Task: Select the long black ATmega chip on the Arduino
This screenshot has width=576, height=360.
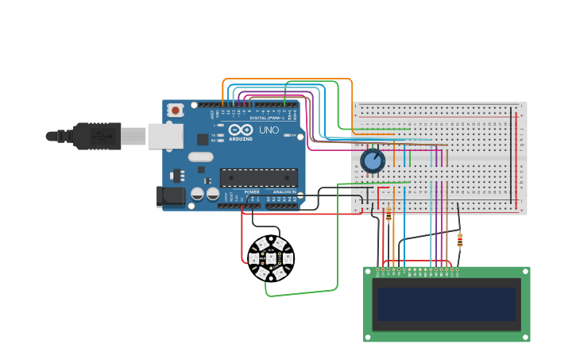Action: click(259, 178)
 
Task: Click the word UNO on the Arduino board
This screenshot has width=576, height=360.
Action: click(269, 130)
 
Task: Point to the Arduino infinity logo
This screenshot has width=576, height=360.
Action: click(241, 130)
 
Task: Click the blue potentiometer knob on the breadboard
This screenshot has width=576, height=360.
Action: click(373, 161)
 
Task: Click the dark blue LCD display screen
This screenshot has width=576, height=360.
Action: click(446, 304)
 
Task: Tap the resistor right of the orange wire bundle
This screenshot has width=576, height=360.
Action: click(460, 239)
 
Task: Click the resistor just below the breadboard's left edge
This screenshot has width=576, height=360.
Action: click(389, 215)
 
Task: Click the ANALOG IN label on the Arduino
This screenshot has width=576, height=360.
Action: click(284, 192)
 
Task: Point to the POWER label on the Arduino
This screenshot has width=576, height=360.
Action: click(251, 192)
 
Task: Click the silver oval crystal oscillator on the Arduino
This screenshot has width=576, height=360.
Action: click(200, 157)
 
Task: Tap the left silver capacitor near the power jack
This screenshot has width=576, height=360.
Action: click(197, 193)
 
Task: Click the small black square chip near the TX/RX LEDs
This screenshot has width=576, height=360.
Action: click(203, 139)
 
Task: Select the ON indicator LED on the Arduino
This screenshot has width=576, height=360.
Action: click(295, 136)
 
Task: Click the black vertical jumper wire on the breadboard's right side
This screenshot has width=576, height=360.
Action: click(511, 155)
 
